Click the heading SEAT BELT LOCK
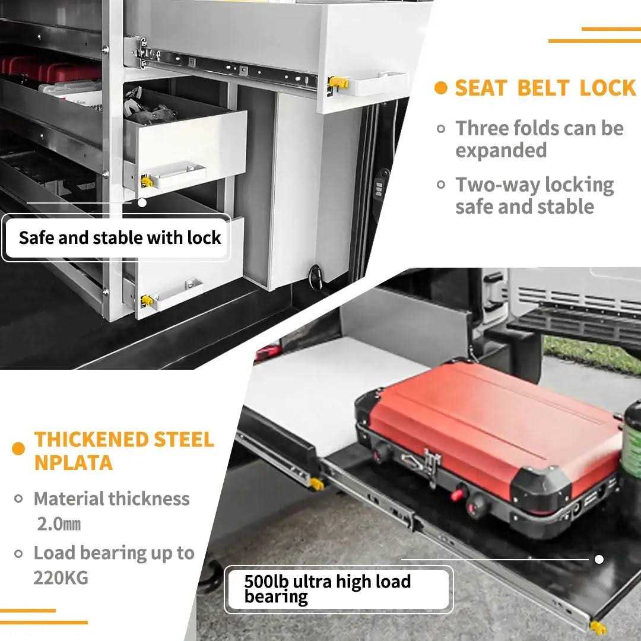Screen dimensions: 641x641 (545, 88)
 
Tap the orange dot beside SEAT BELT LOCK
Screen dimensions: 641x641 (440, 88)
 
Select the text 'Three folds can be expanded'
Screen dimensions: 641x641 (539, 139)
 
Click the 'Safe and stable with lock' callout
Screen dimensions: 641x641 (120, 238)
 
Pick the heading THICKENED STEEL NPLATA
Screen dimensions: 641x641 (123, 450)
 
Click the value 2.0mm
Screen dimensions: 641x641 (59, 524)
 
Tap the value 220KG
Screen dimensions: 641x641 (61, 577)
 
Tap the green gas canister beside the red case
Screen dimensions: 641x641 (632, 439)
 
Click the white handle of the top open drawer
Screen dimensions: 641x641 (380, 84)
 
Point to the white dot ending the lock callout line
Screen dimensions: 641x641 (142, 202)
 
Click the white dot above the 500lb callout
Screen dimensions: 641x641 (599, 559)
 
